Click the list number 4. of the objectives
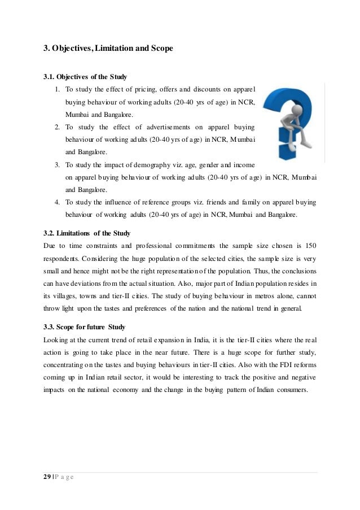click(x=58, y=202)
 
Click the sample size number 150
click(x=310, y=246)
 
